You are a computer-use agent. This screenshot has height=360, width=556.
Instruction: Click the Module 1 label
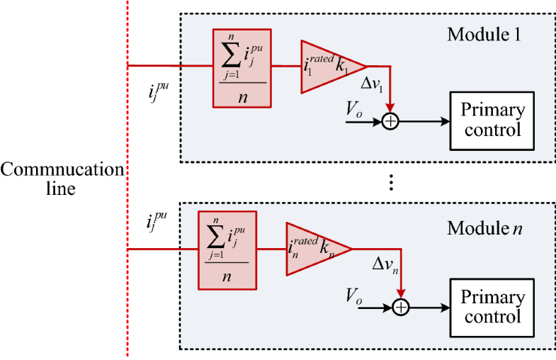pyautogui.click(x=484, y=33)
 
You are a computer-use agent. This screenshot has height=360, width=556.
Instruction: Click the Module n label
pyautogui.click(x=484, y=228)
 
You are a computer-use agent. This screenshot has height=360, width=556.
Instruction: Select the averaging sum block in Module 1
pyautogui.click(x=242, y=68)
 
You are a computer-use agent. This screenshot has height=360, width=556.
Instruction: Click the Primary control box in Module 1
pyautogui.click(x=492, y=120)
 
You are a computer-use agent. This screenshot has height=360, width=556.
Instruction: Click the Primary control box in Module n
pyautogui.click(x=492, y=307)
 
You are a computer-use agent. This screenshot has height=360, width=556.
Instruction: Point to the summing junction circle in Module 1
pyautogui.click(x=391, y=121)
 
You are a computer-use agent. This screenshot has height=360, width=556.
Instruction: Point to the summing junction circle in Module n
pyautogui.click(x=402, y=307)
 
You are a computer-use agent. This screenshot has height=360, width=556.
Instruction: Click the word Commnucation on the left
pyautogui.click(x=62, y=170)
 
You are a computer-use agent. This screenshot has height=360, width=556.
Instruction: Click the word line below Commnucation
pyautogui.click(x=62, y=189)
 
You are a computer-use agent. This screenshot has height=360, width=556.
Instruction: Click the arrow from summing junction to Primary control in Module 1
pyautogui.click(x=425, y=121)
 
